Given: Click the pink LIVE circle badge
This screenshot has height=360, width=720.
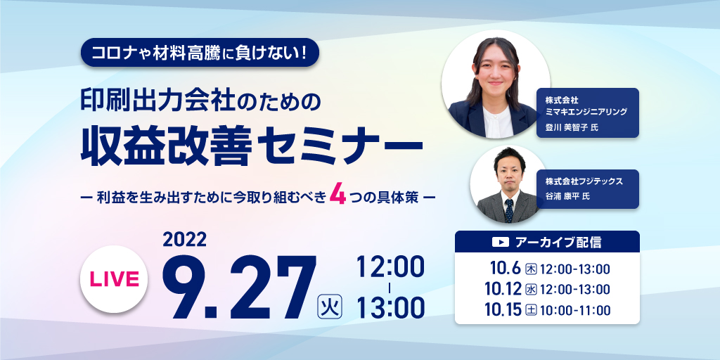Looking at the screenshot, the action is [x=113, y=279].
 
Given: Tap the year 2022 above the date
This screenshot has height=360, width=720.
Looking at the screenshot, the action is [x=185, y=239].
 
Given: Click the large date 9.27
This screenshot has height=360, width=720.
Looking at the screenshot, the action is [x=240, y=288].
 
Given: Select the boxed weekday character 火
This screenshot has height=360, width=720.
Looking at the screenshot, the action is [x=330, y=307].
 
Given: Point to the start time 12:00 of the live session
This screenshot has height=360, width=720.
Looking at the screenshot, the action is [x=390, y=266].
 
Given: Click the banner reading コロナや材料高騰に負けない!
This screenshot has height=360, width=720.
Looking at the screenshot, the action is [x=199, y=52].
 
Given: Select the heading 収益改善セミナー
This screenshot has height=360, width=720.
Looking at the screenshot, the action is [x=252, y=146].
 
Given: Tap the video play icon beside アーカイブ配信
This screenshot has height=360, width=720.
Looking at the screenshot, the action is [x=500, y=242].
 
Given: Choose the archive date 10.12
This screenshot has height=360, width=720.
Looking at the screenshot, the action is [x=503, y=289].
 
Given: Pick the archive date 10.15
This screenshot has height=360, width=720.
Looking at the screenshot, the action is [x=503, y=310].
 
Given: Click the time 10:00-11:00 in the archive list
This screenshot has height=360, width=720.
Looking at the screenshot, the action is [x=576, y=310].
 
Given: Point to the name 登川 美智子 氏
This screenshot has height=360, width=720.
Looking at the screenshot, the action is [x=571, y=127].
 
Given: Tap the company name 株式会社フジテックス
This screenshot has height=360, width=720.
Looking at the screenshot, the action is [x=584, y=181].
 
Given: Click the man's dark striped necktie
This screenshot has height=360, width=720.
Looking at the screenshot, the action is [x=509, y=211].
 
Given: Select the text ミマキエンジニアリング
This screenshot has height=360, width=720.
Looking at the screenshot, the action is [x=586, y=112].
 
